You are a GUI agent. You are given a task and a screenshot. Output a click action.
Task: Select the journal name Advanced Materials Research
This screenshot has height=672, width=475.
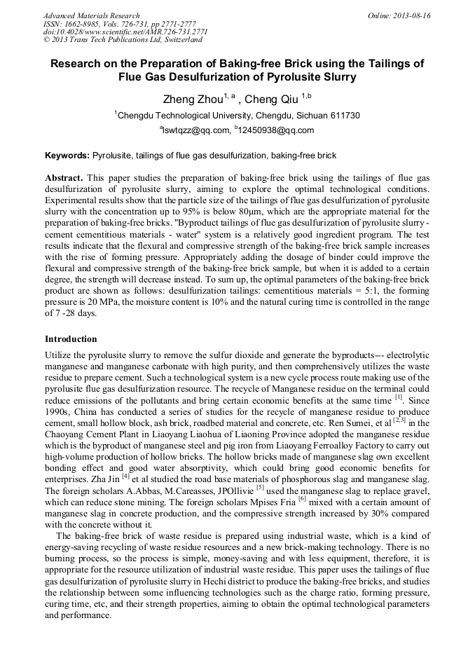tap(92, 15)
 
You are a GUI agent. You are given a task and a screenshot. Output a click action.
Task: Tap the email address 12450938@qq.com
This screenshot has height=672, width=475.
tap(277, 130)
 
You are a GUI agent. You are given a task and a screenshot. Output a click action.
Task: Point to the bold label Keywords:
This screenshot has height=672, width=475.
tap(67, 155)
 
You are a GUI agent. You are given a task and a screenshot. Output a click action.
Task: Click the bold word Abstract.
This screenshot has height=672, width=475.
tap(64, 179)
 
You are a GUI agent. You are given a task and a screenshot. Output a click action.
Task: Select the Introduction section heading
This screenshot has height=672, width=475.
tap(71, 339)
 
